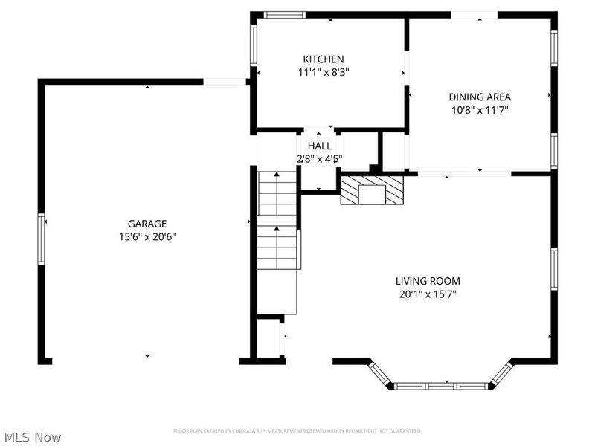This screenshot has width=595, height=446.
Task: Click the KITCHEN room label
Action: click(323, 59)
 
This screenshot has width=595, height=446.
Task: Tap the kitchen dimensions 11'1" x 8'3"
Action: click(323, 73)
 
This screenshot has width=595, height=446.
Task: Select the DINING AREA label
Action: click(479, 97)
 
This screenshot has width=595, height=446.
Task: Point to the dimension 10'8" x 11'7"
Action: click(479, 110)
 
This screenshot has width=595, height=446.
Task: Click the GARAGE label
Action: click(147, 224)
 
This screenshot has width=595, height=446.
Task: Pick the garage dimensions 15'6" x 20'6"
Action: click(147, 237)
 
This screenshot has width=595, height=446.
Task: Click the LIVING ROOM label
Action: click(427, 281)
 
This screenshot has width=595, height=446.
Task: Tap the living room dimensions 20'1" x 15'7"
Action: click(427, 294)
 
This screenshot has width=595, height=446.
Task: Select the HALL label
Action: click(319, 146)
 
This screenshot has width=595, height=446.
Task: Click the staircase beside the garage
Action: click(277, 219)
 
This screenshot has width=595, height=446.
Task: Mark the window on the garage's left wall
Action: click(42, 239)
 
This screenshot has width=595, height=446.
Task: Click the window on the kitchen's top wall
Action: click(286, 14)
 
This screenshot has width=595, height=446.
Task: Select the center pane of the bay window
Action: click(439, 386)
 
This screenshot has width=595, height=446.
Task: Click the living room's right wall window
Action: click(554, 269)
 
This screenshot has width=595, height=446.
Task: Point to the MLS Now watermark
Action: click(33, 437)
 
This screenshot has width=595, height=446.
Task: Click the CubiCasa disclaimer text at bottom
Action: click(297, 431)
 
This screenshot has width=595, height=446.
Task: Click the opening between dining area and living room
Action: click(464, 174)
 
